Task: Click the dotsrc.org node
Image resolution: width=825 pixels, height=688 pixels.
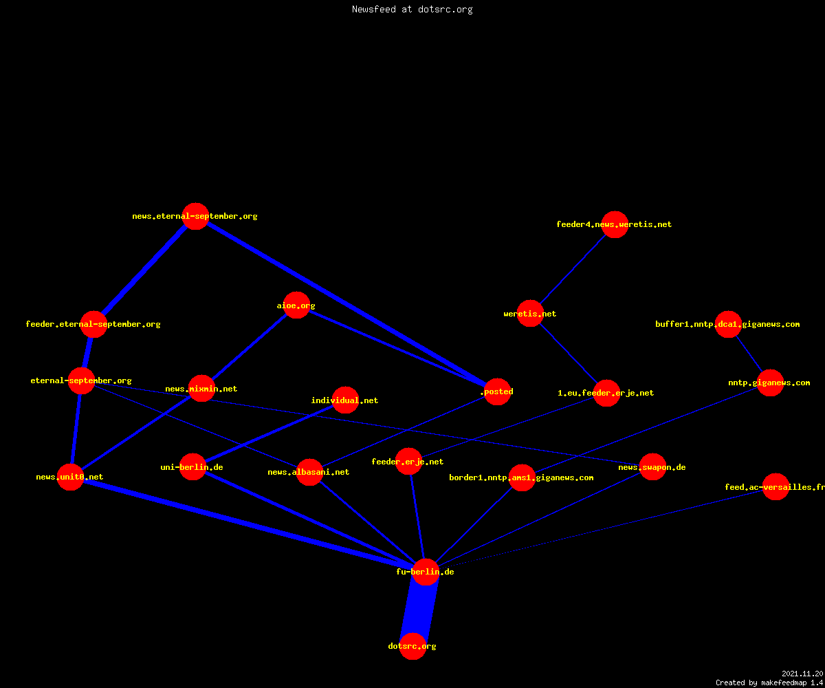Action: pos(412,646)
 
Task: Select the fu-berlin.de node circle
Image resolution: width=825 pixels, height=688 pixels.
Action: pos(426,572)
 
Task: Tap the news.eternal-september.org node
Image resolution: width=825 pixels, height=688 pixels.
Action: pos(195,216)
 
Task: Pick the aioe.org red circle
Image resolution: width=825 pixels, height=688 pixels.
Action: pos(297,305)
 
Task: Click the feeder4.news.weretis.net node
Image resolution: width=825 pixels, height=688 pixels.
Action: pos(615,224)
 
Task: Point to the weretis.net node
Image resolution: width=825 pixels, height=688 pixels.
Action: pos(530,314)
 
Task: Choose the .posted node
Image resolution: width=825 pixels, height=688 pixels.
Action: pos(498,392)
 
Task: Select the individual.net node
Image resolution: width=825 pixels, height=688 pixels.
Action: pos(345,400)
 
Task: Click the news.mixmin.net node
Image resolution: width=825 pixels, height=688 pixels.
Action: pos(202,388)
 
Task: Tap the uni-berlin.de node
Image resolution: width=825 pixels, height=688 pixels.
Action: pos(192,467)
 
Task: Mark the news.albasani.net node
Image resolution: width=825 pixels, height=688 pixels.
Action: pos(309,472)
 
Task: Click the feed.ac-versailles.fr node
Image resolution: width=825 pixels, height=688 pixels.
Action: pos(775,486)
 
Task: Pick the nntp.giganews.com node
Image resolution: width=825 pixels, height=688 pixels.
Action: pos(770,383)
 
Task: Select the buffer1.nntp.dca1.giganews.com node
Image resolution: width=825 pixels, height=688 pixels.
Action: pos(728,324)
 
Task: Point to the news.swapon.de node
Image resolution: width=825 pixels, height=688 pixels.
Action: pos(652,467)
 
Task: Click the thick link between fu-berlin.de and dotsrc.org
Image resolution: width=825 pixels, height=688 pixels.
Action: pos(419,609)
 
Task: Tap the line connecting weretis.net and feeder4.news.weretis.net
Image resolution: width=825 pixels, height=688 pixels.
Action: pos(573,269)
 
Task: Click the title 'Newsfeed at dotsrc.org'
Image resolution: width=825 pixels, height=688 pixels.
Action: pos(412,9)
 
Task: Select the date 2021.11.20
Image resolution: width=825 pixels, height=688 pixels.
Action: pos(802,674)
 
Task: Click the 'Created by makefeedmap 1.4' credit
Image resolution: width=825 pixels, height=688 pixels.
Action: pos(769,682)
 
